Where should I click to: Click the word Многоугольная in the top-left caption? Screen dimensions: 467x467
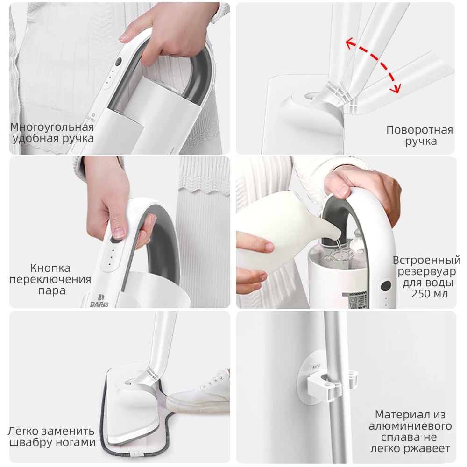pyautogui.click(x=52, y=127)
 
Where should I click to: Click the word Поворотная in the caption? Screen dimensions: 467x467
pyautogui.click(x=419, y=130)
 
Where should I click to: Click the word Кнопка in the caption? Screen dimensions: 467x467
pyautogui.click(x=50, y=268)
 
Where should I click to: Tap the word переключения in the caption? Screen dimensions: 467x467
pyautogui.click(x=50, y=279)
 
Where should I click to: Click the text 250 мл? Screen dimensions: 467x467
pyautogui.click(x=430, y=294)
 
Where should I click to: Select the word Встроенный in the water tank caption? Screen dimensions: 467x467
pyautogui.click(x=426, y=260)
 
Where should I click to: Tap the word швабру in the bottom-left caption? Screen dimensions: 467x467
pyautogui.click(x=31, y=442)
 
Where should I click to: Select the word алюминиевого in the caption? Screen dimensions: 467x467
pyautogui.click(x=410, y=426)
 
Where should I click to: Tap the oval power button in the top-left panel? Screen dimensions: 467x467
pyautogui.click(x=118, y=62)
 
